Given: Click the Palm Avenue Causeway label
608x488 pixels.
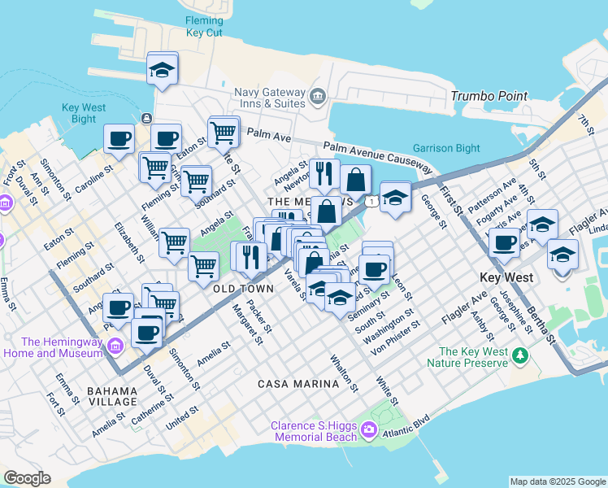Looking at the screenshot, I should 377,156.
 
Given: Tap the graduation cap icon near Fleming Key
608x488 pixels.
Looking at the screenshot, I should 163,69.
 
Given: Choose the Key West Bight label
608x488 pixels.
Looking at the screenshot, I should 84,113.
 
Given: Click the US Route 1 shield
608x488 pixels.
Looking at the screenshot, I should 370,201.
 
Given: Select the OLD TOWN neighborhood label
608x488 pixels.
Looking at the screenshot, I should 243,289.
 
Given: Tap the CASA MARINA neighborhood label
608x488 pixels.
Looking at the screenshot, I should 298,383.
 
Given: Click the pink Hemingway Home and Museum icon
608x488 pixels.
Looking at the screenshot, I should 115,347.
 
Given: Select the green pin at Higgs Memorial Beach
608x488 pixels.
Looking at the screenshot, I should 371,430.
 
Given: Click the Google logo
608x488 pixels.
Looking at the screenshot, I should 27,478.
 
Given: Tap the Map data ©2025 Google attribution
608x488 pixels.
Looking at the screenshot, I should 558,481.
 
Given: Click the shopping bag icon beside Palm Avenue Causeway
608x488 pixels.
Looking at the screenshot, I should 356,181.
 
